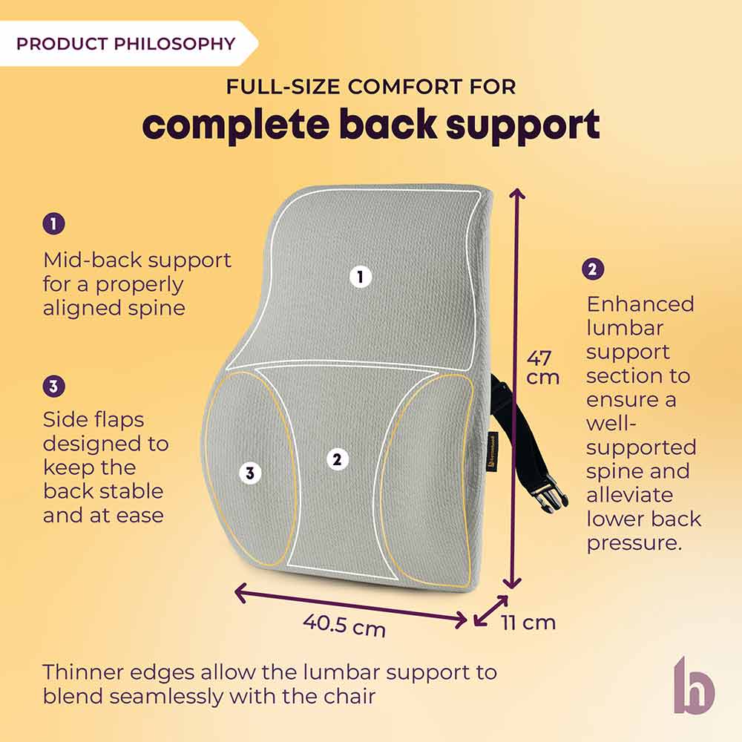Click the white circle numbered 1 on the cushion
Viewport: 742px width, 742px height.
[360, 278]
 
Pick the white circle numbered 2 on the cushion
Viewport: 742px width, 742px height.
[337, 459]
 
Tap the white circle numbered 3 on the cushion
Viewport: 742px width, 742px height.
[250, 473]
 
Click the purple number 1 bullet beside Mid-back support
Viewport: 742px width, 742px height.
[53, 223]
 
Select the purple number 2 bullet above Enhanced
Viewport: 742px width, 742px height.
[594, 269]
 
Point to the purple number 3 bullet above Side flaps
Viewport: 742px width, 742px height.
[53, 386]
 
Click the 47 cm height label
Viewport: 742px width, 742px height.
[542, 367]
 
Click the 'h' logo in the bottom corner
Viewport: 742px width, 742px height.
[694, 685]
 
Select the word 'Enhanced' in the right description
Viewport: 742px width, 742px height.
[640, 304]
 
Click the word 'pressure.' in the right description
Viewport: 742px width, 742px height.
[634, 542]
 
